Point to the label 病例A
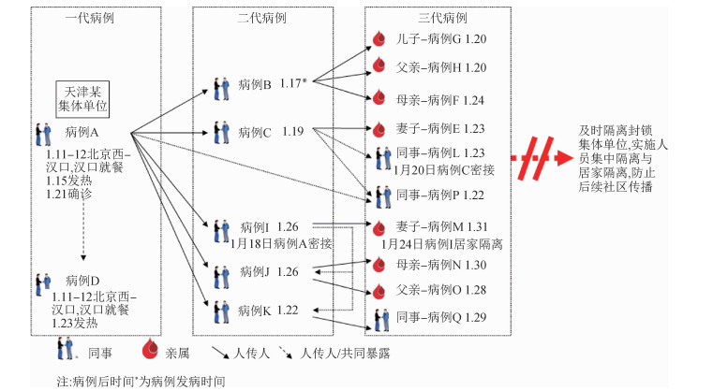pos(82,132)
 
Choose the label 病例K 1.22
pos(268,310)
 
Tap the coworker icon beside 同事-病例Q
pos(381,319)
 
